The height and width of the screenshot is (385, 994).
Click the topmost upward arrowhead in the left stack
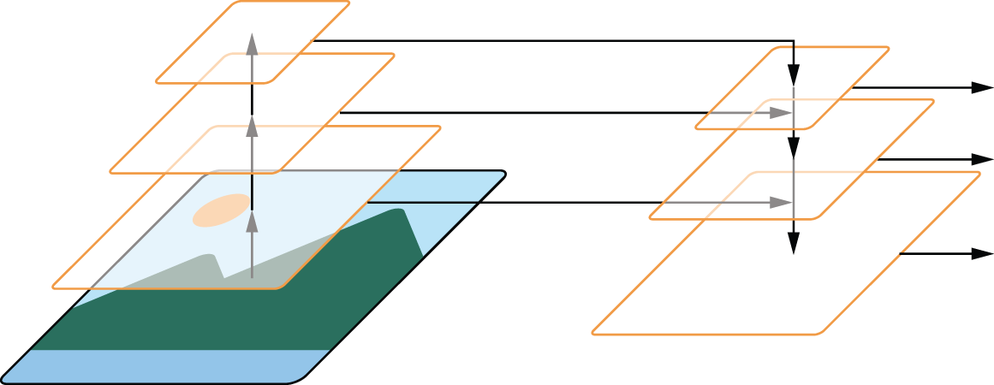click(252, 42)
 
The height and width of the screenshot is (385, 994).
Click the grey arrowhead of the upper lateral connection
click(781, 113)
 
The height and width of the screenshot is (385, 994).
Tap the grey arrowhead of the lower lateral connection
click(781, 203)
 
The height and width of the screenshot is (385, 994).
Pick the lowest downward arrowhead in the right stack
click(794, 243)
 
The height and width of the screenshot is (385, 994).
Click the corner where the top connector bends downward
click(794, 40)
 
